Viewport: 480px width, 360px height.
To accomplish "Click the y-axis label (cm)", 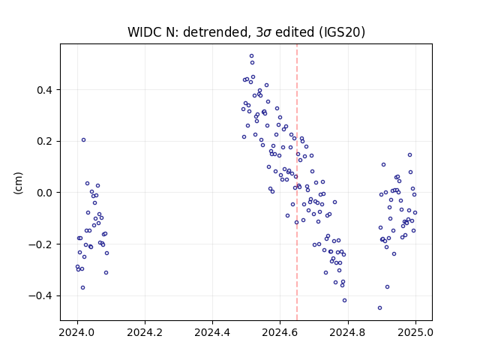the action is click(x=18, y=183).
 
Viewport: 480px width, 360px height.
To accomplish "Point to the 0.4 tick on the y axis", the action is click(x=44, y=90).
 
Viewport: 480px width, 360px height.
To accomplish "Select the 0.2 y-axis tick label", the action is click(x=44, y=142).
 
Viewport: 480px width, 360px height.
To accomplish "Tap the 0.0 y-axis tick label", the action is click(x=44, y=193).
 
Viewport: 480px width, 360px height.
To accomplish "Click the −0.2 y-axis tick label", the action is click(x=40, y=244).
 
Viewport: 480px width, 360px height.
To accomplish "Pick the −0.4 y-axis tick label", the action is click(x=40, y=295).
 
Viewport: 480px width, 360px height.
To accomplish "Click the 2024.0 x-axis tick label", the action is click(x=77, y=332).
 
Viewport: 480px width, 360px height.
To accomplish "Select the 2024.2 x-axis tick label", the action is click(x=145, y=332).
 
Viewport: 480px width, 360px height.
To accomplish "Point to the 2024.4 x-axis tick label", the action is click(x=212, y=332).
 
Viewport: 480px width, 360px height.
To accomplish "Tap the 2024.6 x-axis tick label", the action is click(x=280, y=332).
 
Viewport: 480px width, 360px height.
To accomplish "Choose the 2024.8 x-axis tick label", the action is click(x=347, y=332).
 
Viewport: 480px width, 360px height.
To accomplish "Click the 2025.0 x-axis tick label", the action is click(x=415, y=332).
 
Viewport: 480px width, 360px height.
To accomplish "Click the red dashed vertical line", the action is click(x=297, y=182).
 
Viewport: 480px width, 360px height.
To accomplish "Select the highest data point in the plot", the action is click(x=252, y=56).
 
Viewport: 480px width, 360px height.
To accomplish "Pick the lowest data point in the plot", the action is click(x=380, y=308).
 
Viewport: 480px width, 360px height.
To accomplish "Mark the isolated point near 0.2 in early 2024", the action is click(x=83, y=140).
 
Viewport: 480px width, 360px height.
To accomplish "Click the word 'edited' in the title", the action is click(x=295, y=32).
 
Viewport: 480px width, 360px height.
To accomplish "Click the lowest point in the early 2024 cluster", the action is click(x=82, y=288).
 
